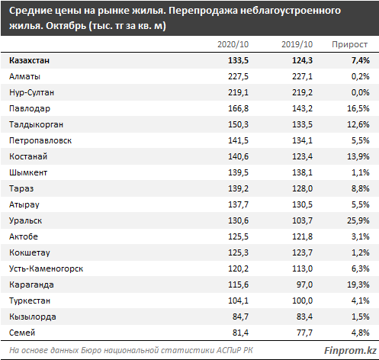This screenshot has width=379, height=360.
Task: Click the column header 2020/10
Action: coord(233,44)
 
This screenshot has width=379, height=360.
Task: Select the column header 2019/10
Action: coord(297,44)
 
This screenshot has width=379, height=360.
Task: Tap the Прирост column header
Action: coord(349,45)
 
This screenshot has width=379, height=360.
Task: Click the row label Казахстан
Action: coord(29,60)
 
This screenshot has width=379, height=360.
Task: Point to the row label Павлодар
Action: coord(30,109)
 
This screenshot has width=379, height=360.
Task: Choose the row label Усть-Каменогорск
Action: coord(46,268)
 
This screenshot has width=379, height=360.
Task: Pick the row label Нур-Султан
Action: coord(32,92)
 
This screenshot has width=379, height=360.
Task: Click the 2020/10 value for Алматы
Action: coord(238,76)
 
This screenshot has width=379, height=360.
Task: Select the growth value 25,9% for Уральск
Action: coord(358,220)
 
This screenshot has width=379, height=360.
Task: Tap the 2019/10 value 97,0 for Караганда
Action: coord(304,284)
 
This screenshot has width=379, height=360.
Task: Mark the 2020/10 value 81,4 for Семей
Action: coord(240,333)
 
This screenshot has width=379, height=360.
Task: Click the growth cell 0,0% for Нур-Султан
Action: coord(360,92)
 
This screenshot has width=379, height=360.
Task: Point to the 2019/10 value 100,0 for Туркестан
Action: coord(302,301)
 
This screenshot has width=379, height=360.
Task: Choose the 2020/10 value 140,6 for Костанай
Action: coord(238,156)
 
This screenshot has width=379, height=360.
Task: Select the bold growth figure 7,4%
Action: coord(360,60)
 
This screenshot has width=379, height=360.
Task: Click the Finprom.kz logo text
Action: coord(350,351)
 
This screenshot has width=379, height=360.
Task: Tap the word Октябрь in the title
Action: coord(66,26)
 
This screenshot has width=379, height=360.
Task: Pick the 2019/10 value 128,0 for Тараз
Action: coord(302,188)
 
